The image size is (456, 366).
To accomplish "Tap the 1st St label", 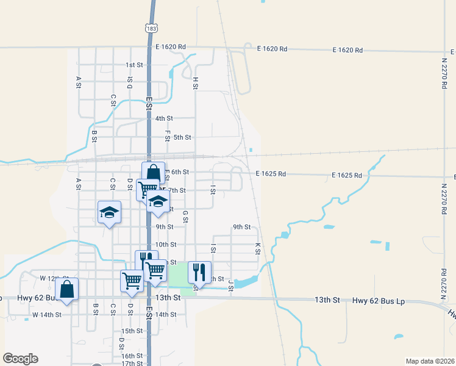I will click(x=134, y=65).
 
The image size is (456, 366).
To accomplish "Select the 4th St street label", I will click(x=164, y=118).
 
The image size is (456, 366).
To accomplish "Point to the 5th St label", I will click(x=182, y=137).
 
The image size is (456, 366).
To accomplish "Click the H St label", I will click(x=196, y=83).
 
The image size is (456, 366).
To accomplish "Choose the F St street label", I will click(x=167, y=134).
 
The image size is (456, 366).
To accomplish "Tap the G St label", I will click(x=185, y=216).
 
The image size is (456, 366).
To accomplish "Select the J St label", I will click(x=230, y=283).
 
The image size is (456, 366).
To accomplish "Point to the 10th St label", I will click(x=165, y=245).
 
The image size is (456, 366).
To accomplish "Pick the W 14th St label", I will click(x=47, y=315).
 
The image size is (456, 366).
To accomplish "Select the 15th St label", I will click(x=132, y=331).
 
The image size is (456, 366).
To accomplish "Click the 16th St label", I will click(x=132, y=356).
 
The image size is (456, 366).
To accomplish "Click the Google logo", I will click(x=20, y=359).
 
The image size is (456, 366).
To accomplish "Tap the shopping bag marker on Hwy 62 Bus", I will click(x=66, y=289).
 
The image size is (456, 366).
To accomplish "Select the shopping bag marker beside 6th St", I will click(x=153, y=173).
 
